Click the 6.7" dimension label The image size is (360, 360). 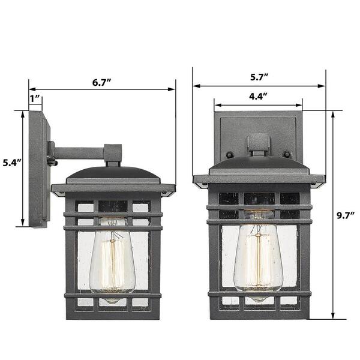click(x=102, y=82)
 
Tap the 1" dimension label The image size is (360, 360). click(x=35, y=99)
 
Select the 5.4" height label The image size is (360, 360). click(x=12, y=163)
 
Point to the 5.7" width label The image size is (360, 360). click(x=259, y=77)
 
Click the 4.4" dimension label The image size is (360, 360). click(x=258, y=96)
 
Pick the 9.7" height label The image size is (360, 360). click(x=346, y=215)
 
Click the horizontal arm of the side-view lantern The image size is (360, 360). click(x=79, y=153)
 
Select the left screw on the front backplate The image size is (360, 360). click(x=229, y=154)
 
